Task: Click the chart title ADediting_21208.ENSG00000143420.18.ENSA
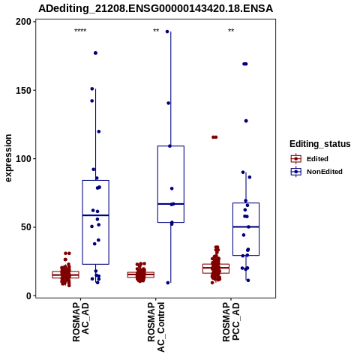click(x=155, y=8)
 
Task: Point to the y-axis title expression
click(x=8, y=158)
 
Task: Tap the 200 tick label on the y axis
click(x=23, y=22)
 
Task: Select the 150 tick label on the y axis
click(x=23, y=90)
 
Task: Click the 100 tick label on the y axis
click(x=23, y=159)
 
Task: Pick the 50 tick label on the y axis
click(x=26, y=227)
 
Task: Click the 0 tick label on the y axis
click(x=28, y=295)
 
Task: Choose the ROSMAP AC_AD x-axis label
click(x=81, y=322)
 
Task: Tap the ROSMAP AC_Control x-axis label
click(x=156, y=327)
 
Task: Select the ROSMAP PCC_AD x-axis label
click(x=231, y=322)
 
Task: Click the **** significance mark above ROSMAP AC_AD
click(x=80, y=31)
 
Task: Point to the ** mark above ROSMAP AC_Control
click(x=156, y=31)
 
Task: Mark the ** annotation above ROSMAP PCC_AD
click(x=231, y=31)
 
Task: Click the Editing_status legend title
click(x=320, y=144)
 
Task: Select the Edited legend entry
click(x=310, y=159)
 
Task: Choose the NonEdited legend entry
click(x=316, y=172)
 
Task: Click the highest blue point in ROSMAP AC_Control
click(x=167, y=31)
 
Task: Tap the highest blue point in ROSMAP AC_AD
click(x=95, y=53)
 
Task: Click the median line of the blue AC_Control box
click(x=171, y=204)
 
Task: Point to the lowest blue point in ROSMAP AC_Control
click(x=168, y=283)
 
